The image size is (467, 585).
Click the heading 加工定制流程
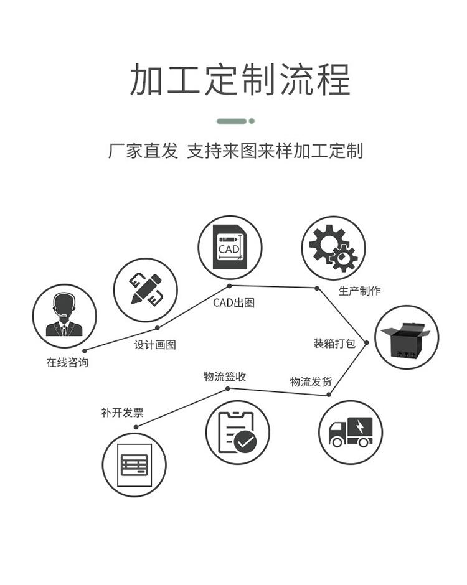(x=240, y=79)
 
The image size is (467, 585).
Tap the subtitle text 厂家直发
(x=143, y=151)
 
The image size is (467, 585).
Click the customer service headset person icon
(x=64, y=316)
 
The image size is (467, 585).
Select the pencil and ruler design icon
(x=145, y=290)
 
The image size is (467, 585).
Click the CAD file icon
(x=229, y=247)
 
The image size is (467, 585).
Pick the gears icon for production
(x=333, y=247)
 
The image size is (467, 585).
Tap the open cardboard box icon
(x=407, y=337)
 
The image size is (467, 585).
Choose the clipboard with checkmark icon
(x=237, y=432)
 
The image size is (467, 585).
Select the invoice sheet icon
(x=134, y=464)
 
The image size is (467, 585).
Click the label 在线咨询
(x=67, y=362)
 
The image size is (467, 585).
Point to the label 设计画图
(x=155, y=344)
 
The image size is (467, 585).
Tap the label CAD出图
(x=233, y=303)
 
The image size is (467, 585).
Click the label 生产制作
(x=359, y=291)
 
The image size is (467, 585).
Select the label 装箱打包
(x=334, y=343)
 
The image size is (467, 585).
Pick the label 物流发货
(x=311, y=381)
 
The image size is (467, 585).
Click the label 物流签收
(x=225, y=376)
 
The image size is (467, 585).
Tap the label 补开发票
(x=122, y=412)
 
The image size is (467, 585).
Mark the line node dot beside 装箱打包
(x=367, y=342)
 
